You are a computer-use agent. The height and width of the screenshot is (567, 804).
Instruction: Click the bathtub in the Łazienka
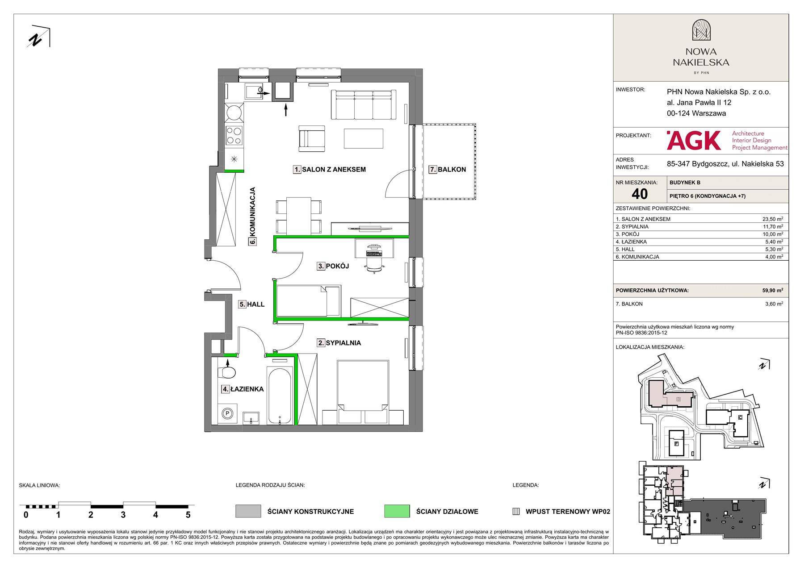pyautogui.click(x=280, y=396)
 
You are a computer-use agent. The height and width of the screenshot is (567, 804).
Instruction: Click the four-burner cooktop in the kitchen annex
pyautogui.click(x=234, y=135)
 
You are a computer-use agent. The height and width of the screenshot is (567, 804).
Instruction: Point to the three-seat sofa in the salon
pyautogui.click(x=364, y=105)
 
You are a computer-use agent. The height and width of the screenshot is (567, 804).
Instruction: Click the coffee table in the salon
pyautogui.click(x=364, y=138)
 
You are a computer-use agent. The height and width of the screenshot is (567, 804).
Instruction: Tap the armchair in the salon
pyautogui.click(x=312, y=136)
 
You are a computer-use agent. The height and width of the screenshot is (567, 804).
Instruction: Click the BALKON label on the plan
pyautogui.click(x=452, y=170)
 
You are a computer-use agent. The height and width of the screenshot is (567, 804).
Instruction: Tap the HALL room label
pyautogui.click(x=255, y=304)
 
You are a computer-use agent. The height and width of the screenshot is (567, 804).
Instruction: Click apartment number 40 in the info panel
pyautogui.click(x=640, y=194)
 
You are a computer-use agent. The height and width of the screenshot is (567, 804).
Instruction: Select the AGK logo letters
pyautogui.click(x=694, y=140)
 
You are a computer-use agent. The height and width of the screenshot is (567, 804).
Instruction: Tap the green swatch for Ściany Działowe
pyautogui.click(x=397, y=511)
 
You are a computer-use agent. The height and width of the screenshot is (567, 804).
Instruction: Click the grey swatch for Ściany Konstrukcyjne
pyautogui.click(x=248, y=511)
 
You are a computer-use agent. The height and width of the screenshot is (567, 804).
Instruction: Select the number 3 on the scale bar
pyautogui.click(x=123, y=515)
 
